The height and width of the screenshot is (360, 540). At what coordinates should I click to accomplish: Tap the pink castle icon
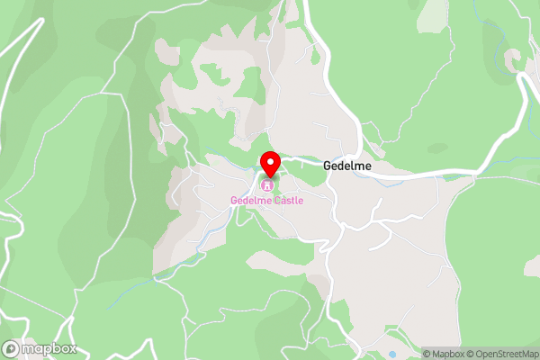[266, 185]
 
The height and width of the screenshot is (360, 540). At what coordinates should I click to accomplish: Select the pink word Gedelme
[251, 200]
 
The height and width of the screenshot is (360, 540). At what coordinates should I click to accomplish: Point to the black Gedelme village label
[347, 166]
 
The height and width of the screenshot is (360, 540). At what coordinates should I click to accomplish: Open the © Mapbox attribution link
[444, 354]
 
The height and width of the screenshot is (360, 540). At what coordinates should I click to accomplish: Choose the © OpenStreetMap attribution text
[501, 354]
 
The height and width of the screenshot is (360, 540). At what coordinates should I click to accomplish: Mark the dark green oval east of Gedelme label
[437, 147]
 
